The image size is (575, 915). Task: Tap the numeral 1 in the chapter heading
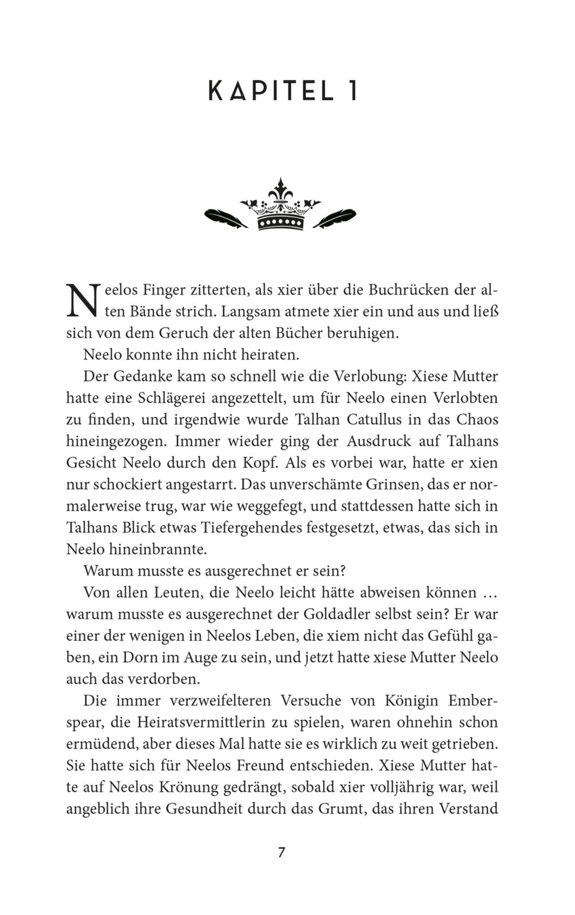pyautogui.click(x=352, y=91)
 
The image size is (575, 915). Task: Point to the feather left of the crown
pyautogui.click(x=225, y=217)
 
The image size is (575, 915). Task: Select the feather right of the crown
pyautogui.click(x=335, y=217)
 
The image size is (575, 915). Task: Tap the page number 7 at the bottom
pyautogui.click(x=281, y=852)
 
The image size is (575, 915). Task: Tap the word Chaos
pyautogui.click(x=477, y=419)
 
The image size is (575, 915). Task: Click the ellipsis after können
pyautogui.click(x=488, y=593)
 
